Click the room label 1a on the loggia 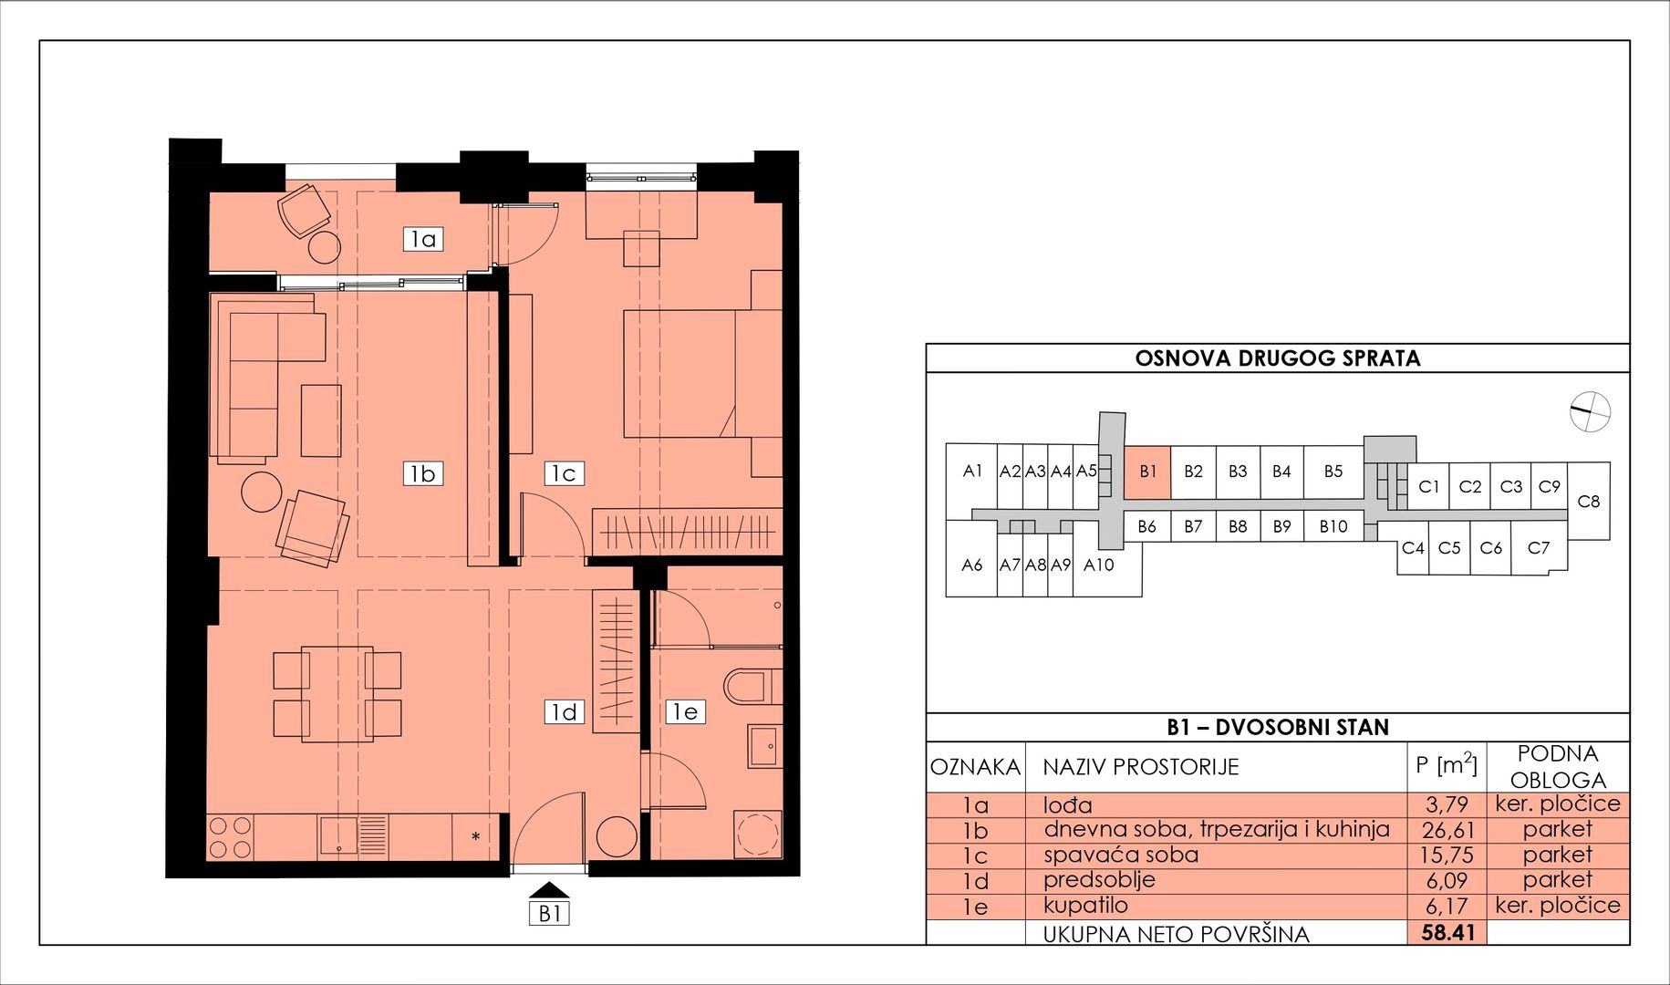click(423, 239)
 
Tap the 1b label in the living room click(423, 473)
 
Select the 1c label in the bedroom click(564, 473)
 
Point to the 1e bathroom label click(685, 711)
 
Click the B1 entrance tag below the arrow click(549, 913)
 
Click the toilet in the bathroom click(753, 686)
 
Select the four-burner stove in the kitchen click(230, 837)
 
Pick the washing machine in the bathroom click(758, 835)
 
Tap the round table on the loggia click(324, 245)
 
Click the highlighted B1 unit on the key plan click(1147, 472)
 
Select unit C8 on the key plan click(1589, 501)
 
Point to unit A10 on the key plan click(1099, 565)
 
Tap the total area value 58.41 click(1447, 933)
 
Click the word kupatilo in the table click(1085, 906)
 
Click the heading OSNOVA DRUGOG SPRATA click(1278, 358)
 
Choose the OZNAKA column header click(975, 767)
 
